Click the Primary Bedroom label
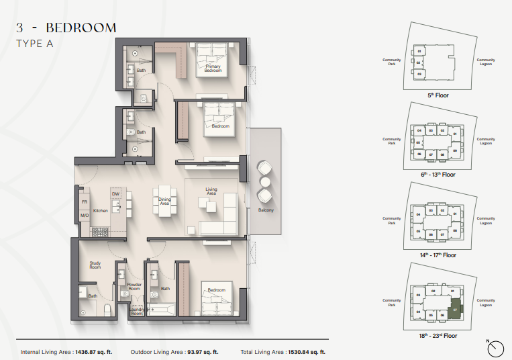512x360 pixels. tap(213, 69)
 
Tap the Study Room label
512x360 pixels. tap(95, 265)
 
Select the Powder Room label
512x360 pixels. tap(134, 287)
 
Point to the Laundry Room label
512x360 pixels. tap(137, 311)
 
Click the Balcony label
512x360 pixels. tap(266, 210)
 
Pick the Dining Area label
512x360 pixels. tap(164, 201)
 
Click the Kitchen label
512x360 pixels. tap(101, 211)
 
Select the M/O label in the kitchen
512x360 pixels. tap(85, 216)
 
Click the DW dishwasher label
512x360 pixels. tap(115, 195)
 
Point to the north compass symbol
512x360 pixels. tap(496, 348)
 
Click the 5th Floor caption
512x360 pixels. tap(438, 95)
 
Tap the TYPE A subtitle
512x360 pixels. tap(34, 43)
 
